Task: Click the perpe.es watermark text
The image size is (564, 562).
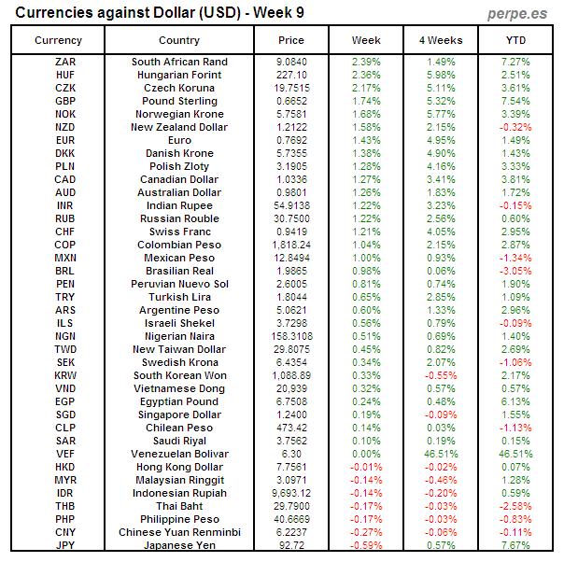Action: (518, 14)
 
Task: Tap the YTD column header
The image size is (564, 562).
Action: (515, 40)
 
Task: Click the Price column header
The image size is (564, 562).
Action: (291, 40)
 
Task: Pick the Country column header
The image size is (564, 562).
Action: (179, 40)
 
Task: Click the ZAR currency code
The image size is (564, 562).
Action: (65, 62)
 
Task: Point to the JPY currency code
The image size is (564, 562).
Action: (65, 545)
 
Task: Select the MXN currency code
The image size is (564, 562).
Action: (65, 258)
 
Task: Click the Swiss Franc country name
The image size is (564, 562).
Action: (179, 232)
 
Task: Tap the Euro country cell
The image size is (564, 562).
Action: (179, 140)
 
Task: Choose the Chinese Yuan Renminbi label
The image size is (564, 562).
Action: (179, 532)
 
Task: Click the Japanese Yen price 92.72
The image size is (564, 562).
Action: (291, 545)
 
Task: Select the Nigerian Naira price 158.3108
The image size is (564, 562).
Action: (291, 336)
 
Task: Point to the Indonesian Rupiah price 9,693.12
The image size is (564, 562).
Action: (291, 493)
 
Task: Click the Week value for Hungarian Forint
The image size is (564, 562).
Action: (366, 75)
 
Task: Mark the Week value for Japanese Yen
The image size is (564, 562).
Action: (366, 545)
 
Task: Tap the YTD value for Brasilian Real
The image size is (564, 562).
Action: (515, 271)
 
